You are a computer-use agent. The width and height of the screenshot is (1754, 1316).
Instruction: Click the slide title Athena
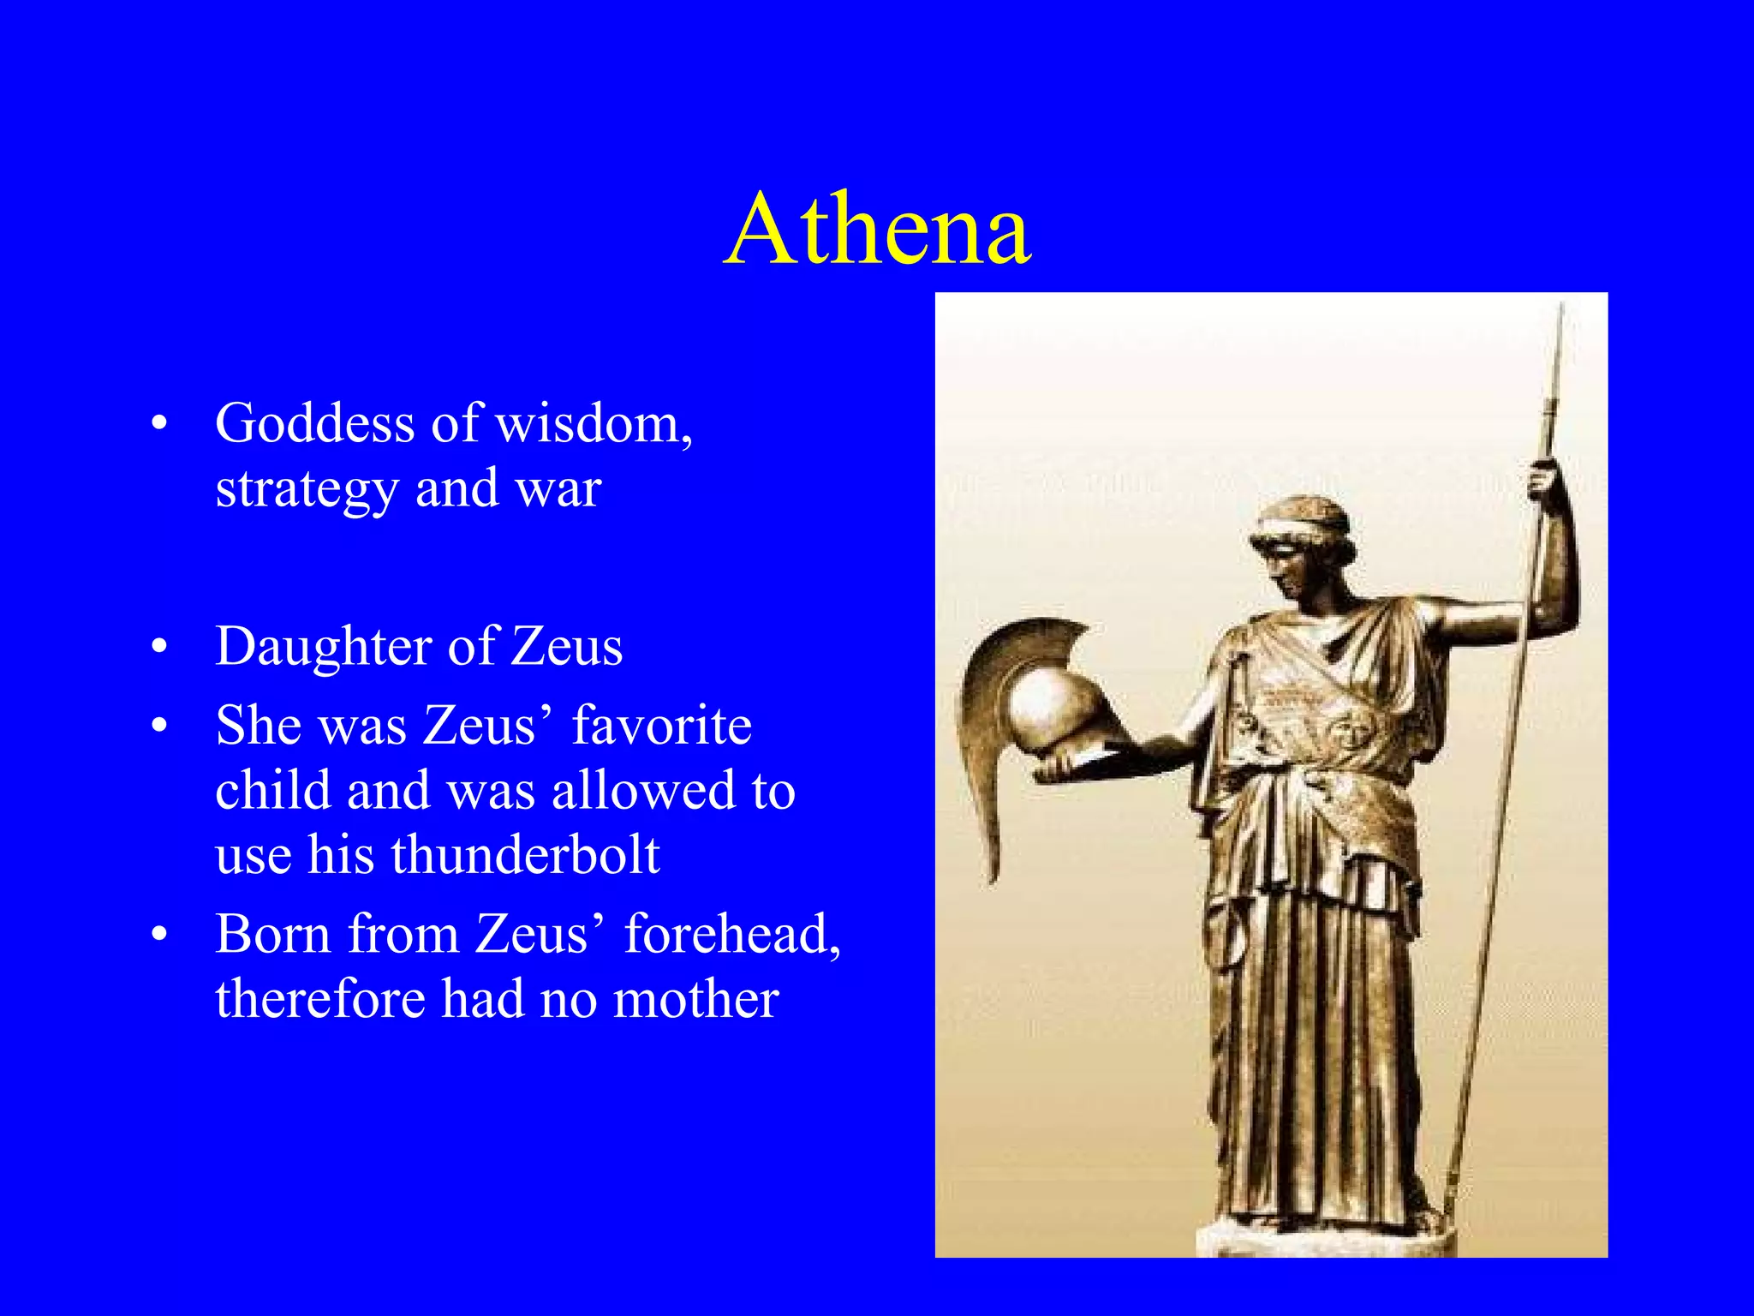877,230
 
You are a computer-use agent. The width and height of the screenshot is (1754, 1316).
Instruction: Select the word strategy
307,489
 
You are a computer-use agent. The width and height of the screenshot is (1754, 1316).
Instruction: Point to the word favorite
661,726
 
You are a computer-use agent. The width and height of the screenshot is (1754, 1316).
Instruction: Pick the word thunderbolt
525,855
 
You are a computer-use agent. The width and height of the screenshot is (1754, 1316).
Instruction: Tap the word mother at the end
695,999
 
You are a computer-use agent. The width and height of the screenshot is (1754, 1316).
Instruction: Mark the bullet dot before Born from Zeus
158,936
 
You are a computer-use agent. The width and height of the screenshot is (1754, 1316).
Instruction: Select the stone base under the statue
1323,1241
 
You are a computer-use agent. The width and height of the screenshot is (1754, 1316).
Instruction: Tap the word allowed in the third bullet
642,790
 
